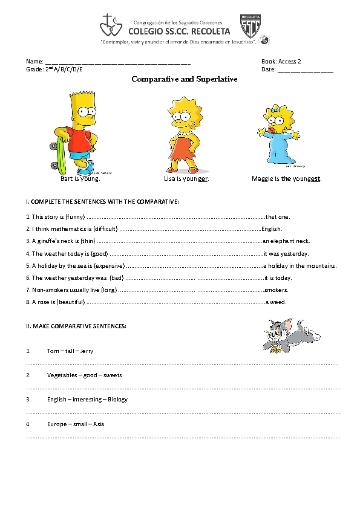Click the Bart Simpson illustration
79,130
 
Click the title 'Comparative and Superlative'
184,79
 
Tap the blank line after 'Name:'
118,62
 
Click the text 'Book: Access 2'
281,62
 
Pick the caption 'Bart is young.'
80,179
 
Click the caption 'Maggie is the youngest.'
287,179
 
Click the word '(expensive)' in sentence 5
109,265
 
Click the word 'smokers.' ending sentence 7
276,290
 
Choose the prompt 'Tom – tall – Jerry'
70,351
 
